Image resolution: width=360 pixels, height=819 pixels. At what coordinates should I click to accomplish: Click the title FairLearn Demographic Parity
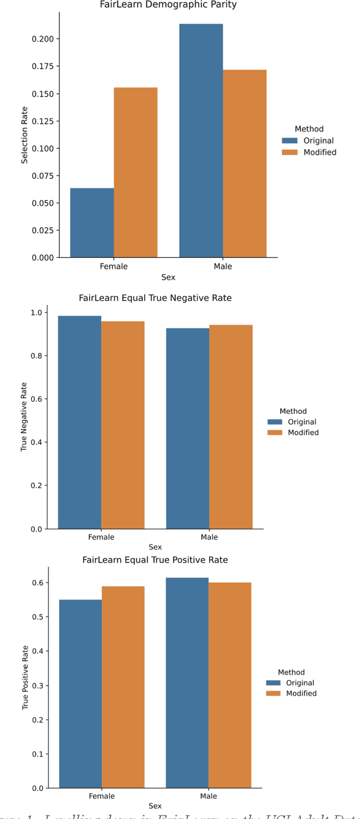point(168,5)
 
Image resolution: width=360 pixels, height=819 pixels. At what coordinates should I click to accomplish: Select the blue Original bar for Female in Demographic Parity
point(92,223)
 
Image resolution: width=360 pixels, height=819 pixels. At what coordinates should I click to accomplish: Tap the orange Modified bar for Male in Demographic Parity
point(244,163)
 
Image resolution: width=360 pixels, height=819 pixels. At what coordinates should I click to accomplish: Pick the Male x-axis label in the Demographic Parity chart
point(223,267)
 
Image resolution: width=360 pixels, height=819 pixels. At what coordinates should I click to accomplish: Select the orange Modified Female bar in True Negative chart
point(123,425)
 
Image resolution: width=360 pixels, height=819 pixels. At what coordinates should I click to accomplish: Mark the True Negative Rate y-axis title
point(24,417)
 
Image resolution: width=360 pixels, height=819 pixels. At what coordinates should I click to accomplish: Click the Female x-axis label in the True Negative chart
point(101,537)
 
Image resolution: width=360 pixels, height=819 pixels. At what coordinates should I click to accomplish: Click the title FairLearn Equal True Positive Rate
point(155,560)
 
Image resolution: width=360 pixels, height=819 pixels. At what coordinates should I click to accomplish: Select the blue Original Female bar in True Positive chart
point(80,694)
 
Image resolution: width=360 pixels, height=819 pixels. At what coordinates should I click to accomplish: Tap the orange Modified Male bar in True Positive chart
point(229,685)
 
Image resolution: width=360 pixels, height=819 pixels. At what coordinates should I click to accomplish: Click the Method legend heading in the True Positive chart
point(291,672)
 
